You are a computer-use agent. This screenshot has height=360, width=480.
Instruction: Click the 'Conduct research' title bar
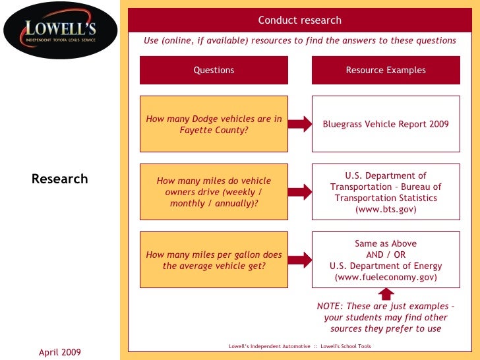pos(300,20)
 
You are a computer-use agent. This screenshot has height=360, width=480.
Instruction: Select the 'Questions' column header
pos(214,70)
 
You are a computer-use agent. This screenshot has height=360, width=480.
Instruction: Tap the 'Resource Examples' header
pos(386,70)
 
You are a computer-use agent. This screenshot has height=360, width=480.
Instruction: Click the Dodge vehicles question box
pos(214,124)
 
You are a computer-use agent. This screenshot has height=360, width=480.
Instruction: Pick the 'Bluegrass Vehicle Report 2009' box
pos(386,124)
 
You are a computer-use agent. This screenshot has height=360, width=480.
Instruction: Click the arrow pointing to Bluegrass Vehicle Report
pos(299,124)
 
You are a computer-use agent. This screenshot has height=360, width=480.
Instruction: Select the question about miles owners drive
pos(214,192)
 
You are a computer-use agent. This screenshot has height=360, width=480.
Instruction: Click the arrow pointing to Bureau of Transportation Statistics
pos(299,192)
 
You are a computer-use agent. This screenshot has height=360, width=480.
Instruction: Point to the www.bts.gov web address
pos(386,209)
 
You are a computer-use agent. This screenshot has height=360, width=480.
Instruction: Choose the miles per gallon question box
pos(214,260)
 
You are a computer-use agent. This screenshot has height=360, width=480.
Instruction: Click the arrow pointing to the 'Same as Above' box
pos(299,260)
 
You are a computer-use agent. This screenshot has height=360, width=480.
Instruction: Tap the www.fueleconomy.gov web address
pos(386,278)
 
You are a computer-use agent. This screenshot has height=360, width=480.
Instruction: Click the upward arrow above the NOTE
pos(387,294)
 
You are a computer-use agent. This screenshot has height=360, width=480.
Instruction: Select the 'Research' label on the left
pos(59,179)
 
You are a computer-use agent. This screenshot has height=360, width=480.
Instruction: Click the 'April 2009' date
pos(59,353)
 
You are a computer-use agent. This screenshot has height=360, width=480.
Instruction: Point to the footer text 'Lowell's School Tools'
pos(347,345)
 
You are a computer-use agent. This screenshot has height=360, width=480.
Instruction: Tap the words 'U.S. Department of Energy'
pos(386,266)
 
